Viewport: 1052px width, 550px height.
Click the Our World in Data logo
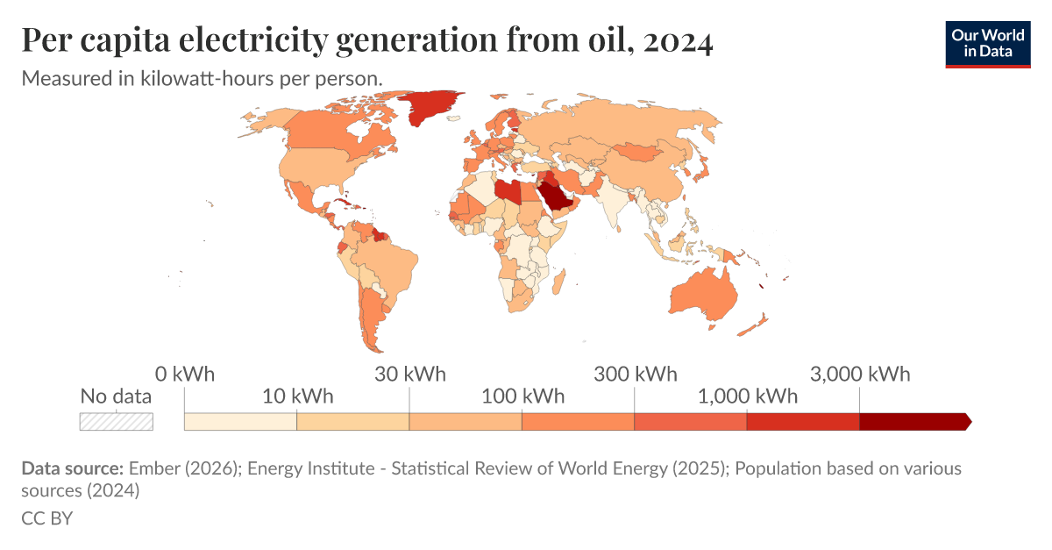[987, 43]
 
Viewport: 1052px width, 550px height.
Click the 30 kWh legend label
[410, 375]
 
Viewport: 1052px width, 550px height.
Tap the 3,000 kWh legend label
[860, 375]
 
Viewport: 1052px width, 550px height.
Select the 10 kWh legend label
[298, 396]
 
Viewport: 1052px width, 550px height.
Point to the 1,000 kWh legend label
[748, 396]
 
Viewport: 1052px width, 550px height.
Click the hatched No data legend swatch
[116, 421]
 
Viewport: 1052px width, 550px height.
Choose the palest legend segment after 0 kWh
[240, 421]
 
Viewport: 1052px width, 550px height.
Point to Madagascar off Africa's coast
[558, 282]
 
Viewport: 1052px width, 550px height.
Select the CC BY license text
[46, 518]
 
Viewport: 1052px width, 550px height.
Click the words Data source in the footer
[73, 468]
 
